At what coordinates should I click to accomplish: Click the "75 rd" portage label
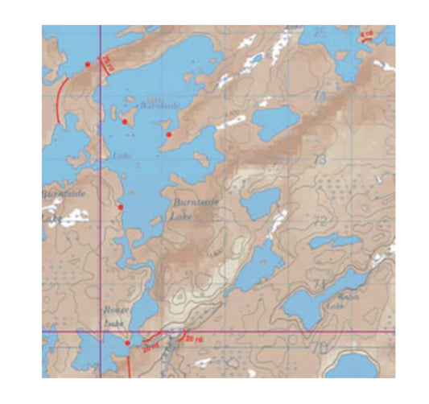(107, 64)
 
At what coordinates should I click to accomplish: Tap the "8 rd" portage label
(367, 34)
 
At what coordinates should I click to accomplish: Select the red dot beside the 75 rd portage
(88, 64)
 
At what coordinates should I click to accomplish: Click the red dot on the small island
(125, 122)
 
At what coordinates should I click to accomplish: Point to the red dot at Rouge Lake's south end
(128, 343)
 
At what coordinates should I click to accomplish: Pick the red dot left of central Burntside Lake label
(121, 207)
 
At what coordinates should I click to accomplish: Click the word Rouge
(110, 309)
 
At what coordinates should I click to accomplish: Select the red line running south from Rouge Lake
(129, 366)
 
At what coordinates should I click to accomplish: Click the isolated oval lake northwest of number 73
(276, 122)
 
